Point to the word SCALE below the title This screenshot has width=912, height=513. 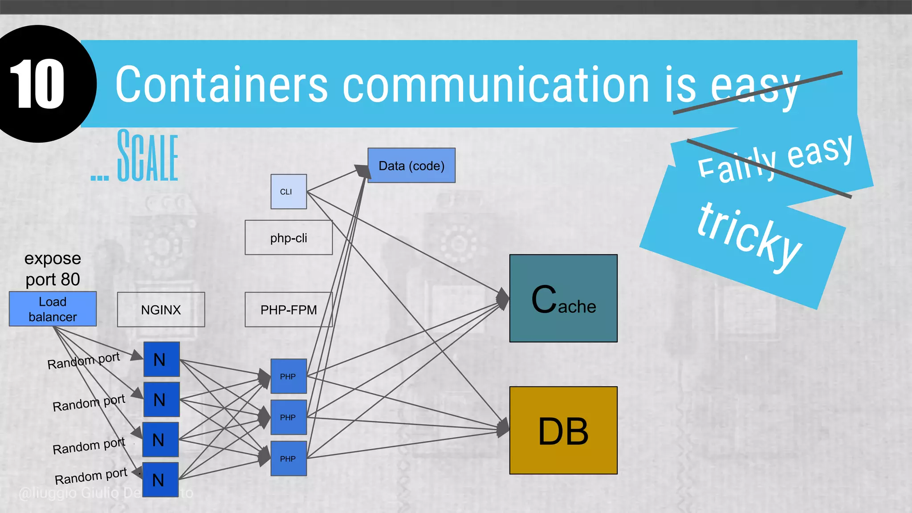(x=147, y=156)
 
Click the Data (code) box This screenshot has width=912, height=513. (x=411, y=166)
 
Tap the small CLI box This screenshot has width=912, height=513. (x=289, y=191)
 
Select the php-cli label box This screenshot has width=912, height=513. (x=289, y=238)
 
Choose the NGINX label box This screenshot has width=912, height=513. (x=161, y=309)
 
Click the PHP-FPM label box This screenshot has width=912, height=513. (x=289, y=309)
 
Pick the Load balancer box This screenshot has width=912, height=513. (x=53, y=309)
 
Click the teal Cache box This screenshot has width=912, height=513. (x=563, y=298)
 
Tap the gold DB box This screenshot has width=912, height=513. (x=563, y=430)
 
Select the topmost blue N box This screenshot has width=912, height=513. (x=161, y=359)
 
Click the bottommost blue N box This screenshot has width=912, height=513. (x=160, y=480)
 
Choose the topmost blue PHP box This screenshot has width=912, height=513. (x=289, y=376)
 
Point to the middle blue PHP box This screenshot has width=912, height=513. (x=289, y=417)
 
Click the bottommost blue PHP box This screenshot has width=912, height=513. (x=289, y=459)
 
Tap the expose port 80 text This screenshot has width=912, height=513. (x=53, y=269)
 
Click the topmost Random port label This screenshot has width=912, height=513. (x=84, y=361)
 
